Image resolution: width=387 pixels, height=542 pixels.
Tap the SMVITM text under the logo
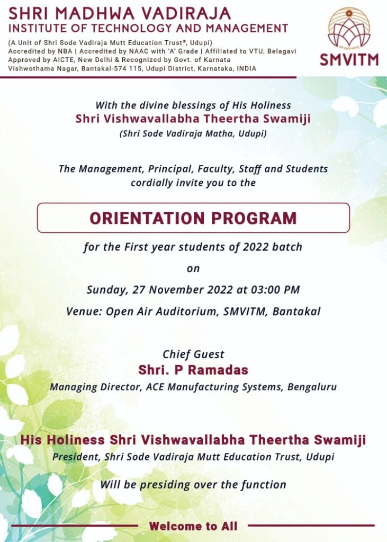pos(349,59)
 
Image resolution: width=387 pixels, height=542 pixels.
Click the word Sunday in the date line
pos(105,290)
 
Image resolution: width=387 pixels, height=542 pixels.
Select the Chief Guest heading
pos(193,355)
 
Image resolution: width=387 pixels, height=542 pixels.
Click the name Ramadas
pos(215,369)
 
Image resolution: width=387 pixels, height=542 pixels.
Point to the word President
pos(75,457)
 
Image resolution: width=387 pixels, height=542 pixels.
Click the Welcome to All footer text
pos(193,526)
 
